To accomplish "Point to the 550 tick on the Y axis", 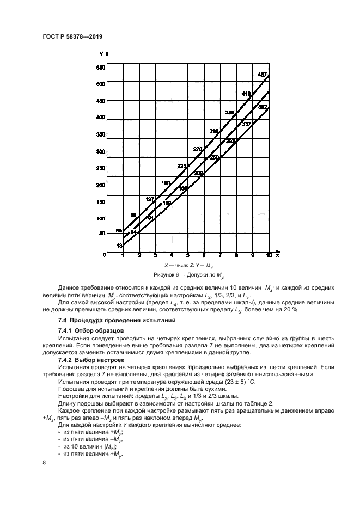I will coord(100,68).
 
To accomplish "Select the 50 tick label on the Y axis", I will coord(101,233).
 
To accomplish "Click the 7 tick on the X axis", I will coord(220,255).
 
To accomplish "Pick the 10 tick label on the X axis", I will coord(269,255).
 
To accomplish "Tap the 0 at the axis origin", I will coord(103,254).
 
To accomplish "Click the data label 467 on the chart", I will coord(262,74).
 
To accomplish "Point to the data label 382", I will coord(262,107).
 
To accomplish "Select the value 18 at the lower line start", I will coord(119,246).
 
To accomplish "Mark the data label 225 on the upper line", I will coord(182,166).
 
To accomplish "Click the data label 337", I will coord(246,124).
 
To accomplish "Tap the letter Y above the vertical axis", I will coord(102,54).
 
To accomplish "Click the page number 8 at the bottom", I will coord(44,462).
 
